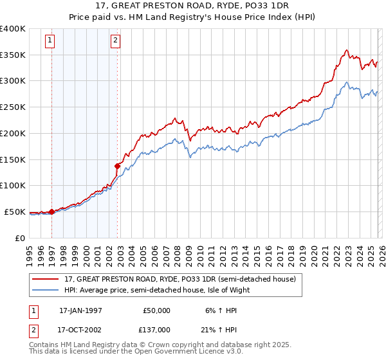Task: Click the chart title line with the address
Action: click(193, 6)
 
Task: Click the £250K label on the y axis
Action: click(13, 107)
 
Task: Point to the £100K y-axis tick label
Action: click(13, 186)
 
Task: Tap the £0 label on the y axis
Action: click(19, 238)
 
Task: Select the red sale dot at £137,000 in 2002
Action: click(117, 166)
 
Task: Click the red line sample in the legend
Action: click(46, 280)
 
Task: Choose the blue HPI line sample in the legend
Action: click(46, 290)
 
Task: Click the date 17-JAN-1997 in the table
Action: click(80, 310)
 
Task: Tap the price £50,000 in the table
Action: click(157, 310)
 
